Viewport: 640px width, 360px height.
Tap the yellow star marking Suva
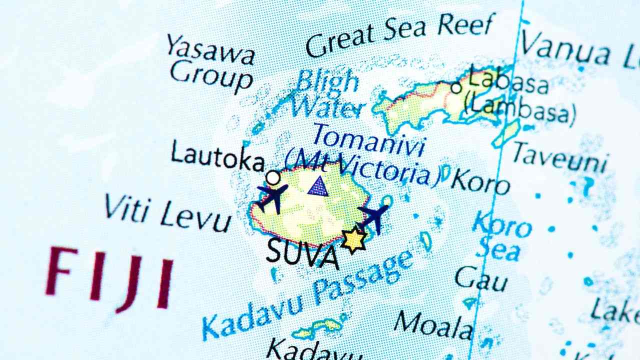pyautogui.click(x=354, y=239)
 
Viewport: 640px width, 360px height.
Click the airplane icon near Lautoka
pyautogui.click(x=272, y=195)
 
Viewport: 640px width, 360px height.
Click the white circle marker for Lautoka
pyautogui.click(x=272, y=177)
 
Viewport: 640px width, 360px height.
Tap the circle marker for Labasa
pyautogui.click(x=456, y=87)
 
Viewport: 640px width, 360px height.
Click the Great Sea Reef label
pyautogui.click(x=400, y=34)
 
